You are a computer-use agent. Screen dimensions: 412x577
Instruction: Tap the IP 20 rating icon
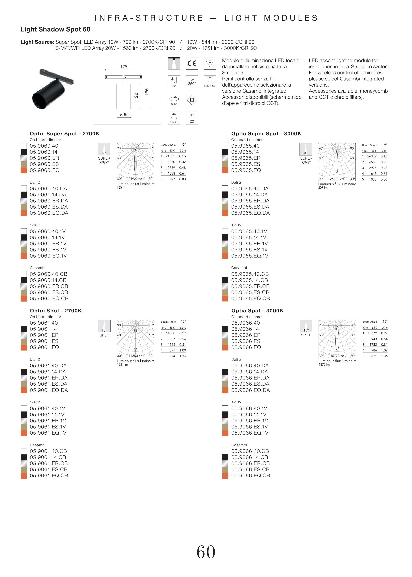tap(192, 118)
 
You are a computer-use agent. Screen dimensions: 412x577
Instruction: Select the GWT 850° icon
tap(192, 82)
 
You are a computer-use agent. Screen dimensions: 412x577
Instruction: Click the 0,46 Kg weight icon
tap(174, 118)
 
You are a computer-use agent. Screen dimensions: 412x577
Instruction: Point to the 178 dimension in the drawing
tap(124, 67)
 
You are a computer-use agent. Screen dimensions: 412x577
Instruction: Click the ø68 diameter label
tap(124, 114)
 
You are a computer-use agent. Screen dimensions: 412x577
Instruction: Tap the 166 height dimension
tap(147, 92)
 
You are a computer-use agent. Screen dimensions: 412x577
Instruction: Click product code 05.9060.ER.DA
tap(49, 201)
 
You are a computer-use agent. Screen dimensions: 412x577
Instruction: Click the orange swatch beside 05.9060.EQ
tap(24, 170)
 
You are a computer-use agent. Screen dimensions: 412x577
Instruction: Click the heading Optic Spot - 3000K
tap(257, 311)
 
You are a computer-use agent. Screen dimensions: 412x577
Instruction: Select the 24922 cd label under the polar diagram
tap(135, 179)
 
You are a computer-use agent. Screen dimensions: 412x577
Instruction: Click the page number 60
tap(206, 552)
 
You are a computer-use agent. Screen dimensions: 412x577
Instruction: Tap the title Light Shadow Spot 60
tap(56, 30)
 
